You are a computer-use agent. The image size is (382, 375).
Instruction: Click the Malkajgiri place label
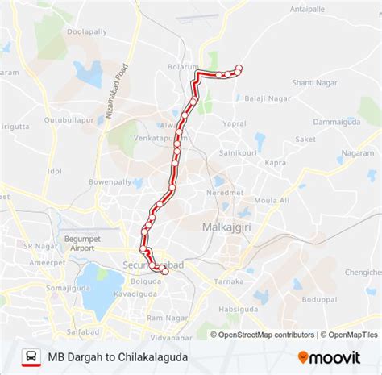(223, 227)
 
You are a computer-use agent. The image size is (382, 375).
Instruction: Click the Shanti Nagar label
(312, 82)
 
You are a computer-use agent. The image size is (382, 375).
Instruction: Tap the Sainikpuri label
(238, 152)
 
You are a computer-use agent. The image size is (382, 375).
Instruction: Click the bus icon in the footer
(31, 356)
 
